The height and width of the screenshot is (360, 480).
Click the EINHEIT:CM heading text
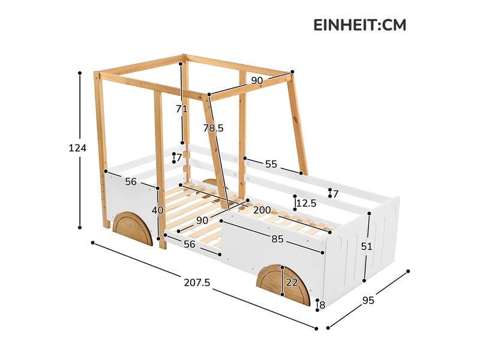point(359,25)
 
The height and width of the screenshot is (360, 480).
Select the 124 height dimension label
point(77,148)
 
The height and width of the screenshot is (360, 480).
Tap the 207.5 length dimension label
point(197,283)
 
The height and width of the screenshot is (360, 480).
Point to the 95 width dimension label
point(368,301)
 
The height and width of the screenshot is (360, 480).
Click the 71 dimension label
point(182,109)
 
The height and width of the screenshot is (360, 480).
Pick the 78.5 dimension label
point(214,128)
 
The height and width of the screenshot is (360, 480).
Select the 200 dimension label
point(262,210)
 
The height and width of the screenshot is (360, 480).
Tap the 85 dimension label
point(277,239)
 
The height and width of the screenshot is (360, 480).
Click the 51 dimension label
point(366,246)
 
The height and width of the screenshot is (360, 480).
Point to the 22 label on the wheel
point(292,282)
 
